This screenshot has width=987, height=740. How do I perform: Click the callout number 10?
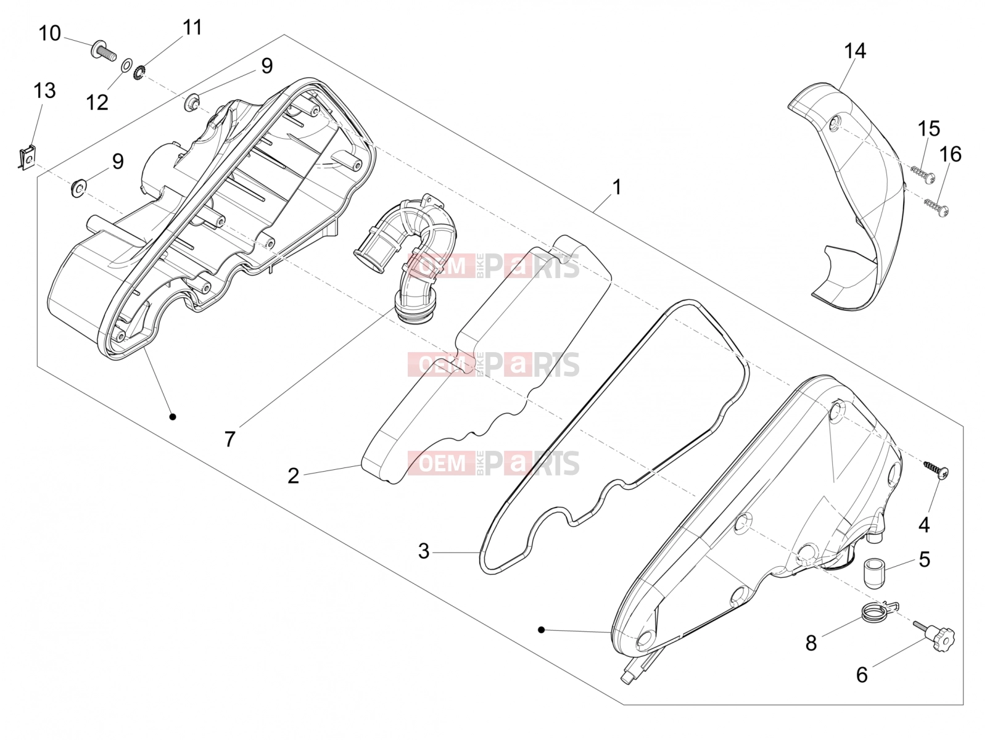(x=49, y=33)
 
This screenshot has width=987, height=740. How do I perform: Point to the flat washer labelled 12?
(x=126, y=65)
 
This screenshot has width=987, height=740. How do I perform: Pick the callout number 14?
(x=855, y=51)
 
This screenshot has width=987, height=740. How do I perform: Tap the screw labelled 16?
(x=936, y=208)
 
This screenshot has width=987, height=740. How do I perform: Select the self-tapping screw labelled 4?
(x=937, y=469)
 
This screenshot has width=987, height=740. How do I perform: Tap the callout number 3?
(x=424, y=551)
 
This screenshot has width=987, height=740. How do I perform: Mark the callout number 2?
(x=293, y=476)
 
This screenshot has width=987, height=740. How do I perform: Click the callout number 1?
(x=617, y=187)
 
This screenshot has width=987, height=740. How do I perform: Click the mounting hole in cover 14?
(x=835, y=122)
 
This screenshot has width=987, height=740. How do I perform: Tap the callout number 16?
(x=950, y=155)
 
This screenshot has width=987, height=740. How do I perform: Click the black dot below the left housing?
(x=173, y=417)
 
